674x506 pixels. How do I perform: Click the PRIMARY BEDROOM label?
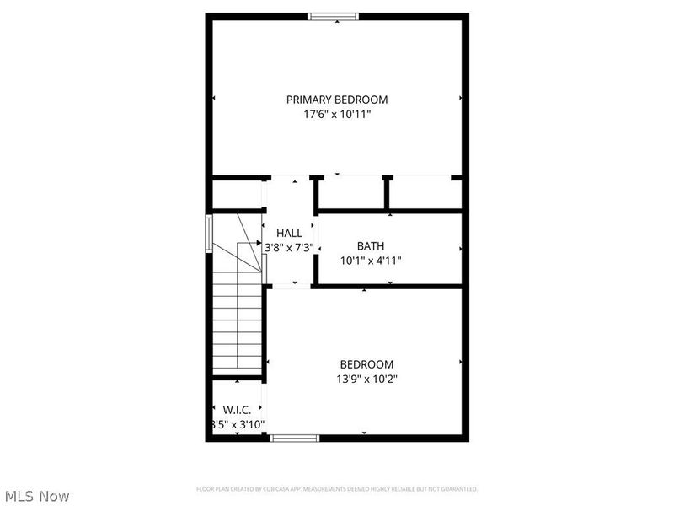337,100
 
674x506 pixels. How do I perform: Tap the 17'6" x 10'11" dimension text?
337,114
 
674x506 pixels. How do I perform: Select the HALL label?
289,233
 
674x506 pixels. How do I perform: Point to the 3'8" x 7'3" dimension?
289,248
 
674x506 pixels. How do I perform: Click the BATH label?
371,246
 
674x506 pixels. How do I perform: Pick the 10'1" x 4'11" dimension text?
371,261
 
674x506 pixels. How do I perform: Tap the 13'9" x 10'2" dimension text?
366,379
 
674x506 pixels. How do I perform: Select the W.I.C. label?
238,410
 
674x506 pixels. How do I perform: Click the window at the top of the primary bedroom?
334,16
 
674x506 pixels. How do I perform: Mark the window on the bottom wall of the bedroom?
294,438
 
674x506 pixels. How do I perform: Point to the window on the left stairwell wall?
209,233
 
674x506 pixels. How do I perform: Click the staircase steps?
237,329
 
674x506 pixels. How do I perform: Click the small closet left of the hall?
237,193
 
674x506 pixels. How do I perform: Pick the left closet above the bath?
351,194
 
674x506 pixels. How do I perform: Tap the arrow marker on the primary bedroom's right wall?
460,98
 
